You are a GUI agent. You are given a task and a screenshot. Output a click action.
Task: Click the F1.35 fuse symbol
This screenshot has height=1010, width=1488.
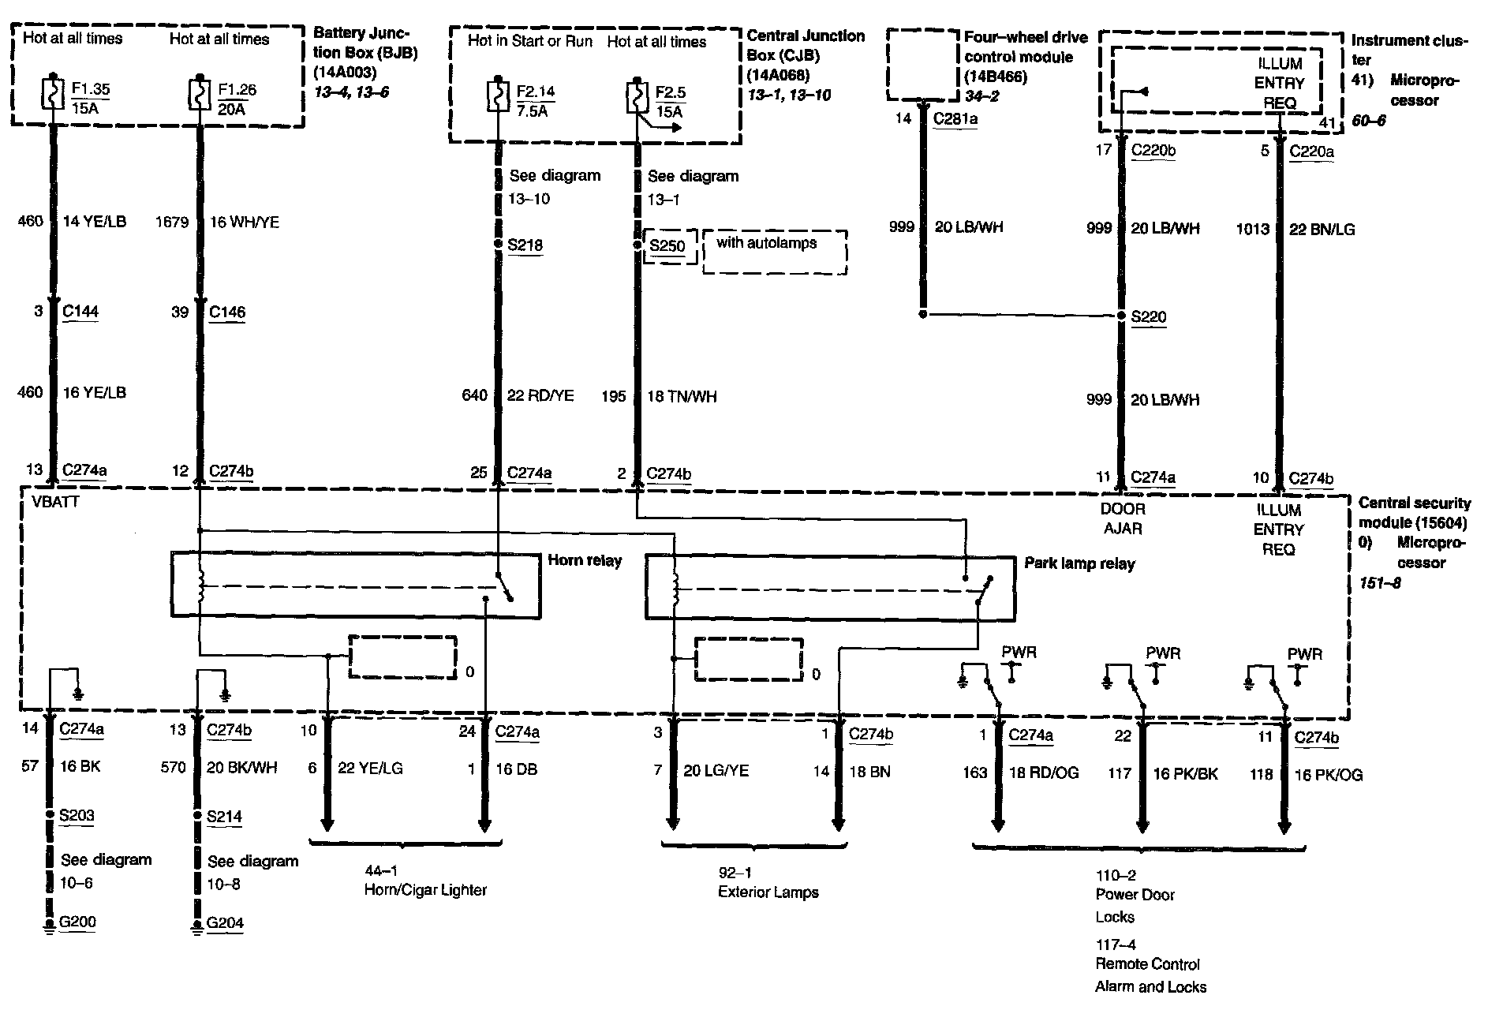click(53, 93)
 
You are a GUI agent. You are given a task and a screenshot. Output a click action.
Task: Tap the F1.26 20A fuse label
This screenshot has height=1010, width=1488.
click(237, 99)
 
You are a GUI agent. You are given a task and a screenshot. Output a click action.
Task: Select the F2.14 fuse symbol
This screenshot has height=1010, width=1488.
click(498, 95)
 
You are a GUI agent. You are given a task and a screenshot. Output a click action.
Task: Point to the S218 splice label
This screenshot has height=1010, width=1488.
click(525, 245)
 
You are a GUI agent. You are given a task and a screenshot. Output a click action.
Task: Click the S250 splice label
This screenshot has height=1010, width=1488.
click(667, 245)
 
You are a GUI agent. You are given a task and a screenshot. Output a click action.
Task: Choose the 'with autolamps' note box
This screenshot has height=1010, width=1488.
click(774, 252)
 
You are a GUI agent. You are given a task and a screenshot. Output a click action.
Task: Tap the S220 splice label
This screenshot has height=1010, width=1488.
click(1148, 316)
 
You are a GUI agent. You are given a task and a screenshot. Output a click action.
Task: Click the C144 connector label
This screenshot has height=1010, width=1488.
click(80, 311)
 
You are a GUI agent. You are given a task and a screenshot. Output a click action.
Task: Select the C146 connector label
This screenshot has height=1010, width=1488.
click(227, 312)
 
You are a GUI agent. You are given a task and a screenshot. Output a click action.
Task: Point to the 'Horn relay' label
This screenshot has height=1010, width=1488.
click(585, 560)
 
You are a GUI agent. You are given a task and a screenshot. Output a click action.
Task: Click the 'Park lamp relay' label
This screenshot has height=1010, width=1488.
click(1079, 563)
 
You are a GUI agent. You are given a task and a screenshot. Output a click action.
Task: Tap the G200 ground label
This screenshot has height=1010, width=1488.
click(77, 922)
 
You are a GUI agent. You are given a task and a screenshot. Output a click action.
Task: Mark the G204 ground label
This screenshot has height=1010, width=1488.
click(225, 922)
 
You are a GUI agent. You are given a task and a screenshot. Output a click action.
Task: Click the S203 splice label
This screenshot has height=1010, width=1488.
click(77, 815)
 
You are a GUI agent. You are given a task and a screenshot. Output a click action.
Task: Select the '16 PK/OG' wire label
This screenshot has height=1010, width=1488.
click(1329, 775)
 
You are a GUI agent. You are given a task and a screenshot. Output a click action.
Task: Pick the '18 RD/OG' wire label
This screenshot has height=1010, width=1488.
click(1044, 772)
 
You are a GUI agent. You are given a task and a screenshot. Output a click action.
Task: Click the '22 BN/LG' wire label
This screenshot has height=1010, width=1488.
click(1322, 229)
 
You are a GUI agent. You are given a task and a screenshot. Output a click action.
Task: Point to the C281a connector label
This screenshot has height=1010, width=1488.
click(956, 119)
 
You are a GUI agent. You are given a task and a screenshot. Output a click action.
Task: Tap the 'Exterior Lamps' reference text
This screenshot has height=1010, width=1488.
click(768, 892)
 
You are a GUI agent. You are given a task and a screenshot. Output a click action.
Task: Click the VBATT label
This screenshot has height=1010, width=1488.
click(55, 502)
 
